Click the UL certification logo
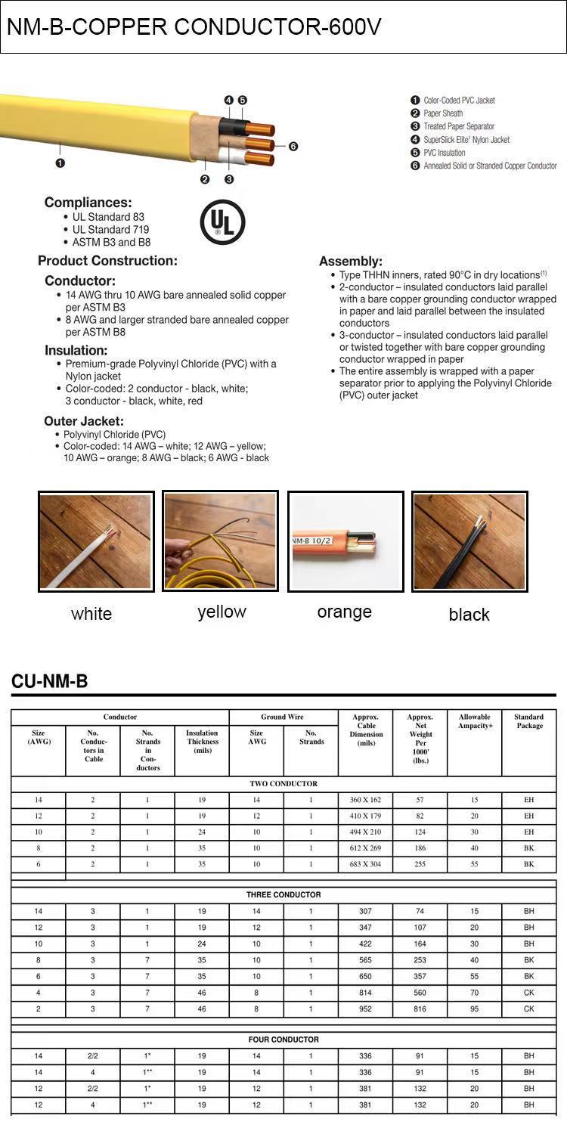[x=222, y=222]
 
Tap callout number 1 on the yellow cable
[x=60, y=163]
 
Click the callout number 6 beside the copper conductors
[x=293, y=147]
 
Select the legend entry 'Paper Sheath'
[x=442, y=113]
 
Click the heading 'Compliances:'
[x=88, y=203]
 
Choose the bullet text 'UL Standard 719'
[x=110, y=230]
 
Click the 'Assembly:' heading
[x=351, y=262]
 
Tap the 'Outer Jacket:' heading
[x=84, y=421]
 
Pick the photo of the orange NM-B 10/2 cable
[x=344, y=541]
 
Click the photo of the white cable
[x=96, y=541]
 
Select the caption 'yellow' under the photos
[x=222, y=612]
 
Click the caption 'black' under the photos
[x=469, y=615]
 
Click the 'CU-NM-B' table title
[x=49, y=682]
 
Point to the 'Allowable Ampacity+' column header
[x=475, y=721]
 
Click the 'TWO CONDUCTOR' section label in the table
[x=283, y=784]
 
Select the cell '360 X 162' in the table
[x=365, y=800]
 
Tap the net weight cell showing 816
[x=420, y=1009]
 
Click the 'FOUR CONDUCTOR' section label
[x=283, y=1039]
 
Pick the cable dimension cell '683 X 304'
[x=365, y=864]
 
